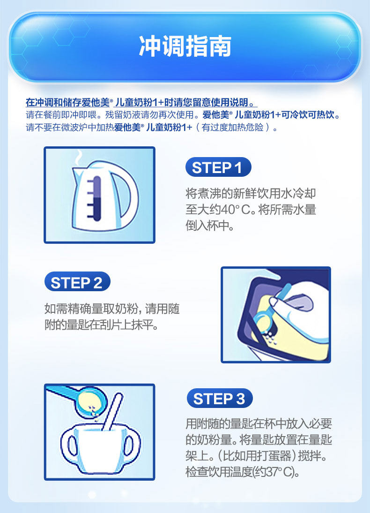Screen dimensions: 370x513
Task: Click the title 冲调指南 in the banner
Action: (x=185, y=46)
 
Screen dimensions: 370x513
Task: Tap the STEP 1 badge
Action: (x=218, y=167)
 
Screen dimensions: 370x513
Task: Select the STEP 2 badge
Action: (x=77, y=282)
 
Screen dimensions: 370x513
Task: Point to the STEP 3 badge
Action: (x=220, y=398)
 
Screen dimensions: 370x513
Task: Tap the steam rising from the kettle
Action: (x=78, y=158)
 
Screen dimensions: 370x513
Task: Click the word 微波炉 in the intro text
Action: (x=74, y=127)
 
